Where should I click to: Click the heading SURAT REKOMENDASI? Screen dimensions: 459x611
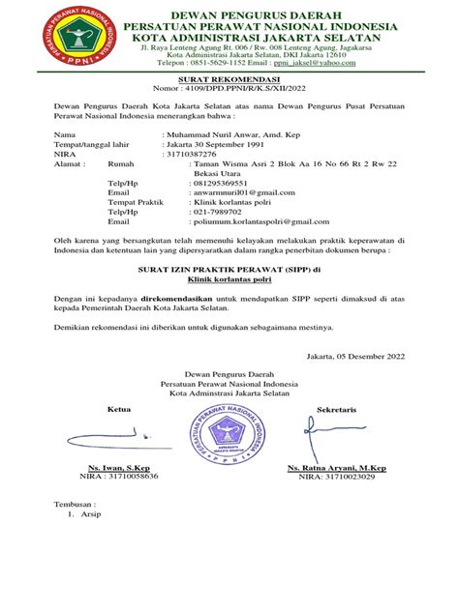coord(229,80)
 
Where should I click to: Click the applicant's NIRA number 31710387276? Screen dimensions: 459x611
coord(204,155)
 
